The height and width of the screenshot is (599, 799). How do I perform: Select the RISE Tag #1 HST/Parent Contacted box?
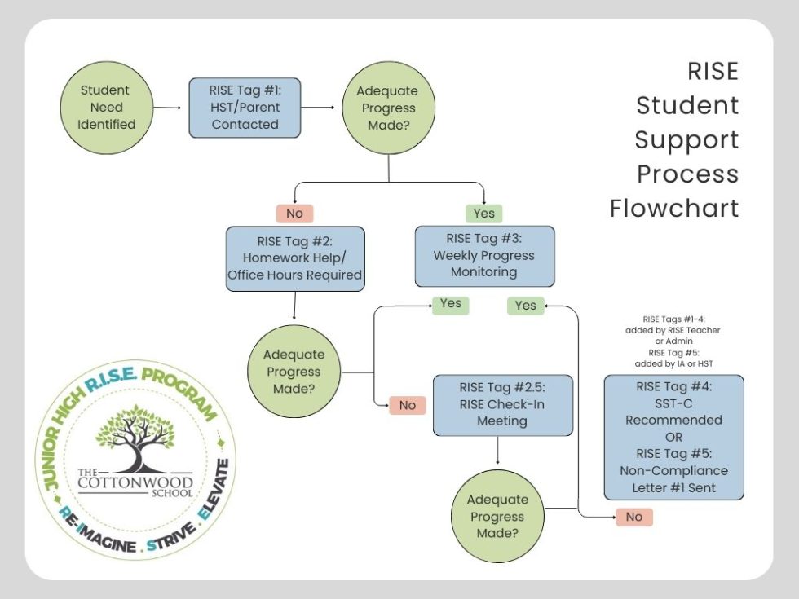pos(245,107)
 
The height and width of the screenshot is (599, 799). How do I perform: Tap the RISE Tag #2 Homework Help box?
pos(294,258)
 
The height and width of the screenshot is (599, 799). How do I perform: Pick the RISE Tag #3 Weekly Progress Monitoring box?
pos(484,256)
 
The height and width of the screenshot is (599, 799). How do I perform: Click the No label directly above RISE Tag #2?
pos(294,213)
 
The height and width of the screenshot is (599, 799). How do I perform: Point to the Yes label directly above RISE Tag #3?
pos(484,213)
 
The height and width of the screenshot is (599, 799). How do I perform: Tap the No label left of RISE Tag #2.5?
pos(407,404)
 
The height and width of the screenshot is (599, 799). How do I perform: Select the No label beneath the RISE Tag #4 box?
pos(633,517)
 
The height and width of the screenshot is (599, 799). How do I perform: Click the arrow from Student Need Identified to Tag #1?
pos(167,107)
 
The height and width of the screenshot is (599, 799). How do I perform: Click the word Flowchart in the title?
pos(674,208)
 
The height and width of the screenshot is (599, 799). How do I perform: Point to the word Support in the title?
pos(686,139)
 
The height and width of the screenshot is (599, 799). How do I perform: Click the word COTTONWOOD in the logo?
pos(135,481)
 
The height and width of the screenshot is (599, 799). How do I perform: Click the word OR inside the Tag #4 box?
pos(673,437)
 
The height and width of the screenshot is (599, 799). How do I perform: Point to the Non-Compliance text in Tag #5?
pos(673,470)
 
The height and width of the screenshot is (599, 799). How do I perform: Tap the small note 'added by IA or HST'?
pos(675,363)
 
